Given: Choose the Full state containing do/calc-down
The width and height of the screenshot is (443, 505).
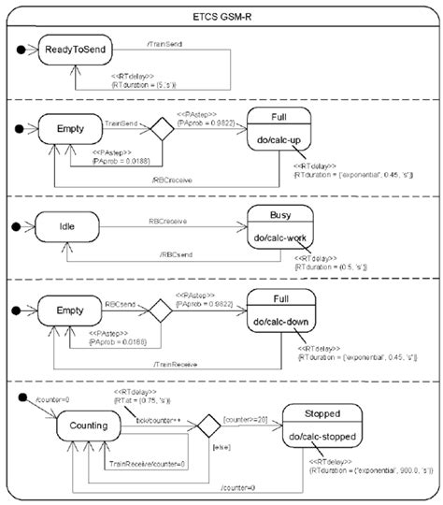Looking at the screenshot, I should [x=279, y=316].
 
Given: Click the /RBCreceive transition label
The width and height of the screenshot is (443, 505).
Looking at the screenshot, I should [x=179, y=175].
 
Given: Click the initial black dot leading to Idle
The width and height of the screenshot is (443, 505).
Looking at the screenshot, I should [x=14, y=225].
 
